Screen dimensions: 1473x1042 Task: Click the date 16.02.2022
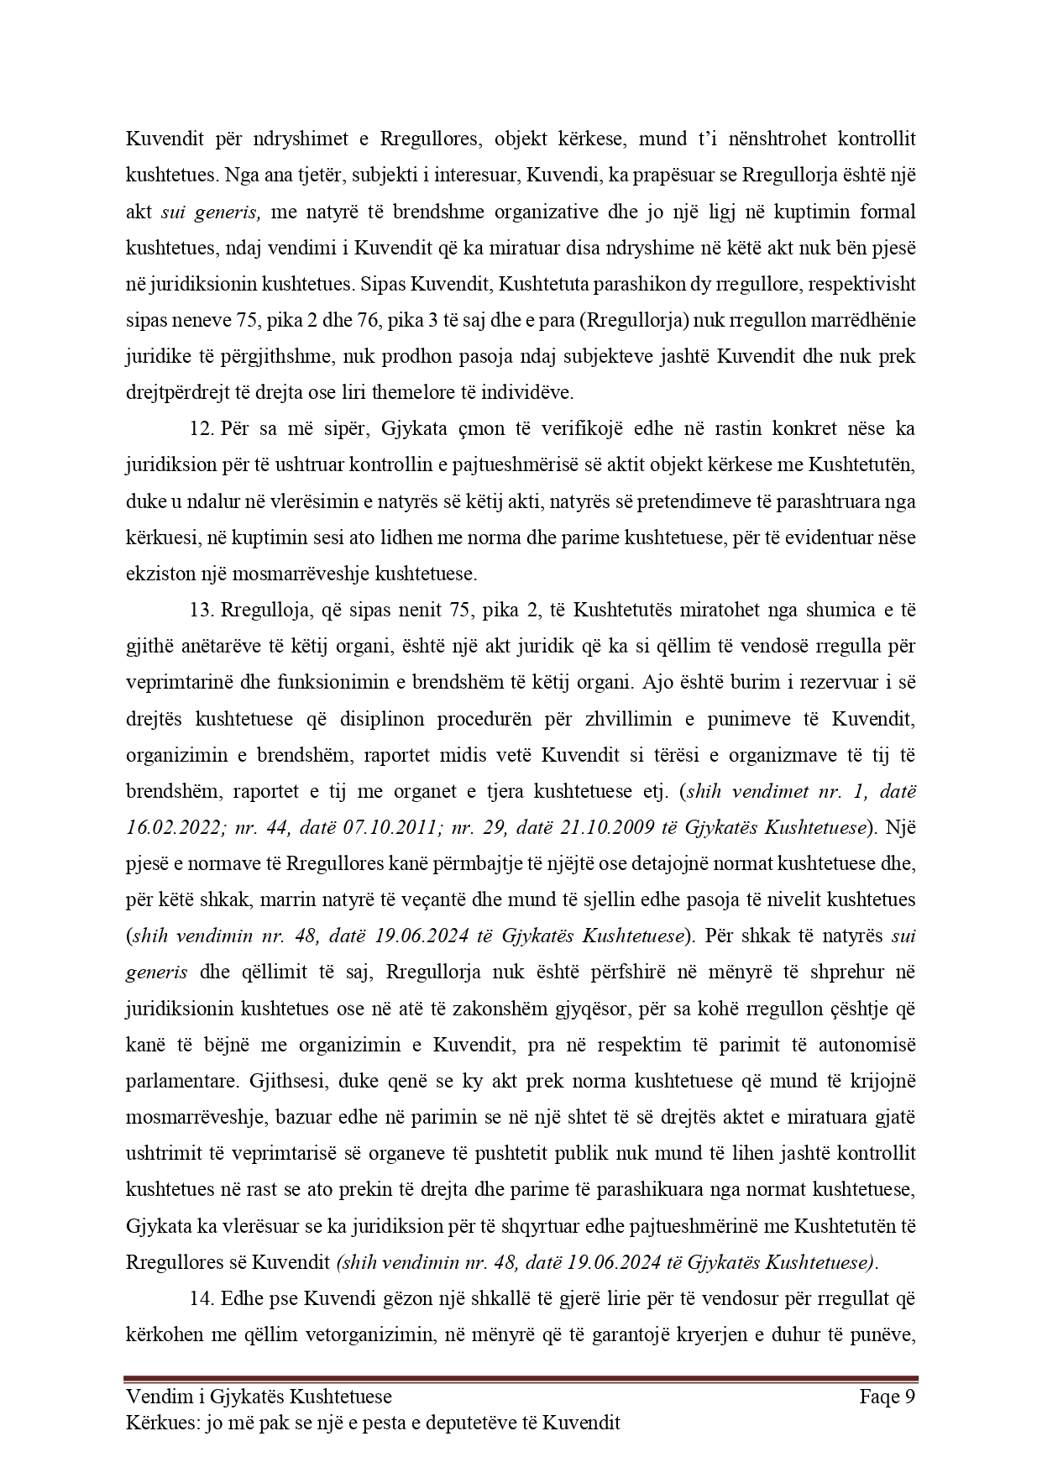169,827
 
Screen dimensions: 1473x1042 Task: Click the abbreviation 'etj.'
659,791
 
